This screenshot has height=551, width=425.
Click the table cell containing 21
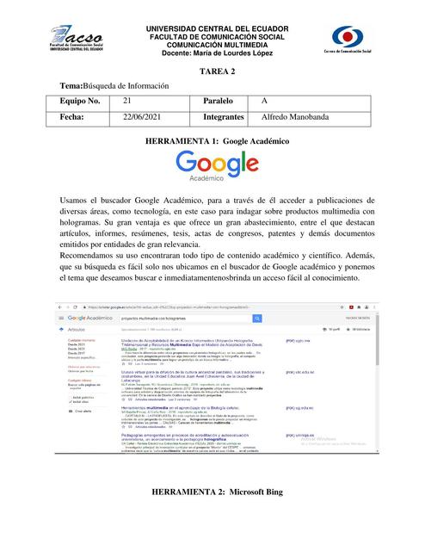(x=127, y=102)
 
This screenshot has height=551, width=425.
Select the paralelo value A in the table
(x=265, y=102)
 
